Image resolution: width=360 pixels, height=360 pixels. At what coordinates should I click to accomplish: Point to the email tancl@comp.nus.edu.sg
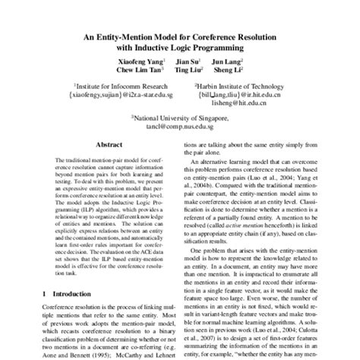180,127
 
